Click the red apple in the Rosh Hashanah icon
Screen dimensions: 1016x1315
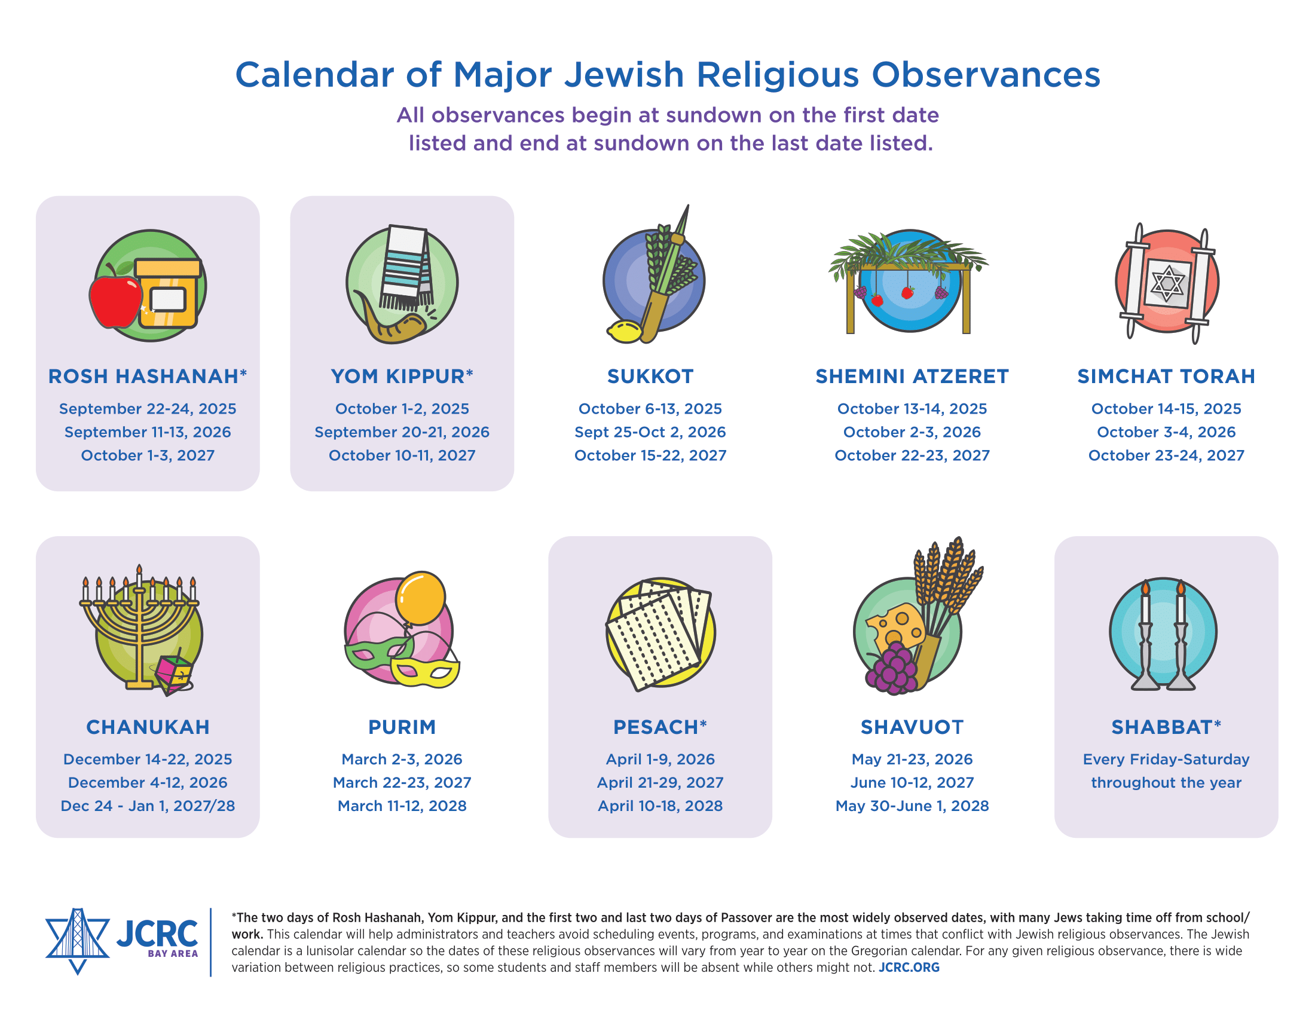pos(114,301)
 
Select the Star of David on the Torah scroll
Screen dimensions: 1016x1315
pos(1167,283)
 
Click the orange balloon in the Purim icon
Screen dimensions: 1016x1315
pos(421,596)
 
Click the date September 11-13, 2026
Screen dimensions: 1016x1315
pos(148,432)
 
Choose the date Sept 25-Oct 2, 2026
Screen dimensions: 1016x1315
pos(650,432)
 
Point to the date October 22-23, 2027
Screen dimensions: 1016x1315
pos(912,455)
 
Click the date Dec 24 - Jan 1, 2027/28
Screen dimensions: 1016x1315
pos(148,806)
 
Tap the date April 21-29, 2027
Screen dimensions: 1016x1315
pos(660,782)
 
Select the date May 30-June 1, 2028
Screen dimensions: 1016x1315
pos(912,806)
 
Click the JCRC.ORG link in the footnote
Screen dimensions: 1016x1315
pos(909,967)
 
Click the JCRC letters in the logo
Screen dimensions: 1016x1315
pos(157,934)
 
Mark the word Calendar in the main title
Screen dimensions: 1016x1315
pos(314,75)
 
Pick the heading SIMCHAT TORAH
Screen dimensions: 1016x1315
pos(1166,376)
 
